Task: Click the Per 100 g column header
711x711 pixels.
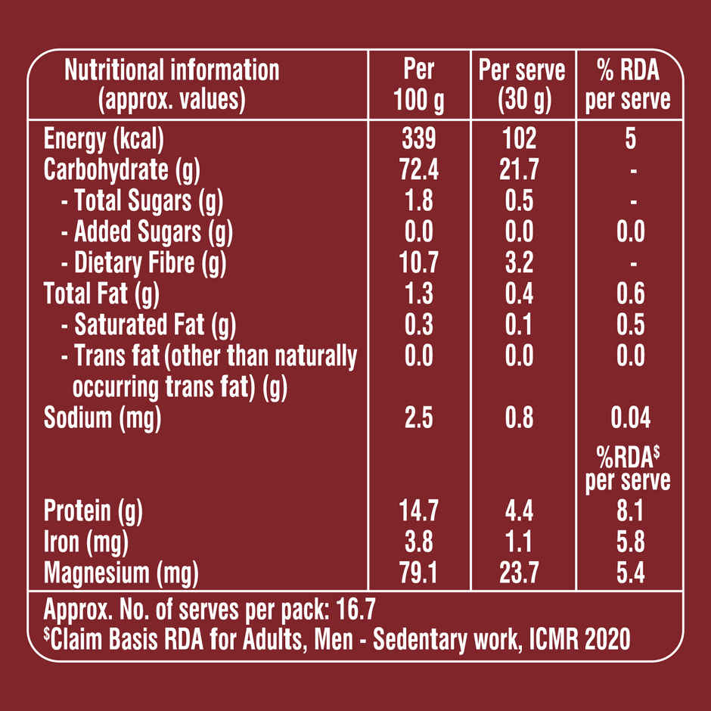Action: click(419, 85)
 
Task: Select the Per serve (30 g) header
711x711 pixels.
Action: click(522, 85)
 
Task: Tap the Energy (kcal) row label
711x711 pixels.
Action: click(104, 138)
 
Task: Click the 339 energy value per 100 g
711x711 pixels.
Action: click(419, 138)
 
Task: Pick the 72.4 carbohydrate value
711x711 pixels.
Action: click(419, 169)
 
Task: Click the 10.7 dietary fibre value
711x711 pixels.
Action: click(419, 263)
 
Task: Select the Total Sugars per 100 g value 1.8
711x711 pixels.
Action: click(419, 201)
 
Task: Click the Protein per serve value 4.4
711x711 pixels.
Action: click(519, 511)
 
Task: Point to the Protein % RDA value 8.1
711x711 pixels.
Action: click(630, 511)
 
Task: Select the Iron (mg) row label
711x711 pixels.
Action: click(85, 542)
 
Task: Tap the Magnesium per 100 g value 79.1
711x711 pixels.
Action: click(419, 573)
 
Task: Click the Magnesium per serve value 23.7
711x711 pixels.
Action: click(519, 573)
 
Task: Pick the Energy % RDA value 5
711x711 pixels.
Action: click(631, 138)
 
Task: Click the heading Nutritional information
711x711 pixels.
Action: click(172, 70)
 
